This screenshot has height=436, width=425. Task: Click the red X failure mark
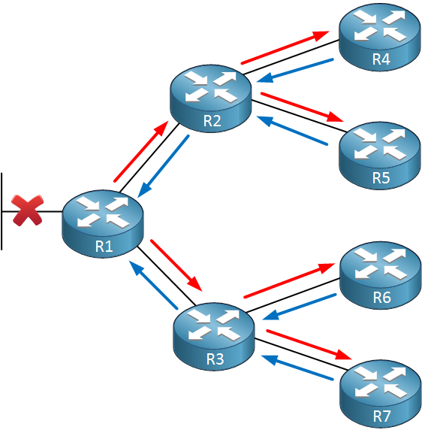coord(28,210)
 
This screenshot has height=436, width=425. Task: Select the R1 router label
coord(104,246)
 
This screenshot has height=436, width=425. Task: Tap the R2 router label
coord(212,121)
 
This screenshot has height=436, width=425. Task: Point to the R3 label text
coord(215,359)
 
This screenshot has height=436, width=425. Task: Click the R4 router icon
coord(379,38)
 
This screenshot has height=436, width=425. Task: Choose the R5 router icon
coord(379,156)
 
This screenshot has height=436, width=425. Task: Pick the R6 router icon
coord(380,275)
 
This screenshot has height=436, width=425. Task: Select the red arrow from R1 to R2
coord(141,152)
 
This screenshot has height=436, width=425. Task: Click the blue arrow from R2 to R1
coord(164,167)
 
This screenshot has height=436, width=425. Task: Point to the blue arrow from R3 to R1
coord(153,285)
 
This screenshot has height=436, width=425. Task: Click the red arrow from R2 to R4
coord(285,47)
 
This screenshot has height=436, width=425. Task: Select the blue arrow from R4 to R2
coord(295,71)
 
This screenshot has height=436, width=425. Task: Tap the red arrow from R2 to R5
coord(302,107)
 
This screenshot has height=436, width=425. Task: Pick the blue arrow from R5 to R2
coord(292,130)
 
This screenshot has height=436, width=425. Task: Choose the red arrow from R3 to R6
coord(289,280)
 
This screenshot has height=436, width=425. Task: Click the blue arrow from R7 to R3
coord(297,368)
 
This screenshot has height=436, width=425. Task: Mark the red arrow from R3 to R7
coord(309,344)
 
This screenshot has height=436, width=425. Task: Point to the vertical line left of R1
coord(2,211)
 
